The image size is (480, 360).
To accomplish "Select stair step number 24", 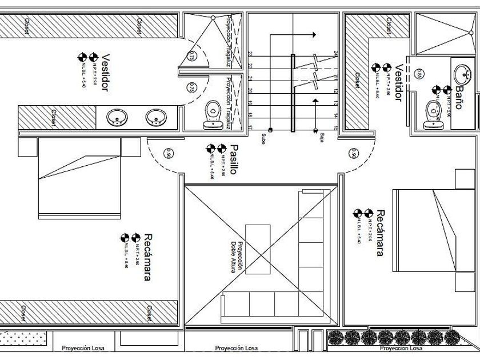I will pyautogui.click(x=336, y=54).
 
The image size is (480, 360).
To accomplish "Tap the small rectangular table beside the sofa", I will pyautogui.click(x=258, y=249).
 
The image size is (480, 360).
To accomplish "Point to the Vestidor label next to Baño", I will pyautogui.click(x=398, y=82).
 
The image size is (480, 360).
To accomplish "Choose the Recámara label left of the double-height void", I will pyautogui.click(x=147, y=257).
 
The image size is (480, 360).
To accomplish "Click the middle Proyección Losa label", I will pyautogui.click(x=236, y=348).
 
